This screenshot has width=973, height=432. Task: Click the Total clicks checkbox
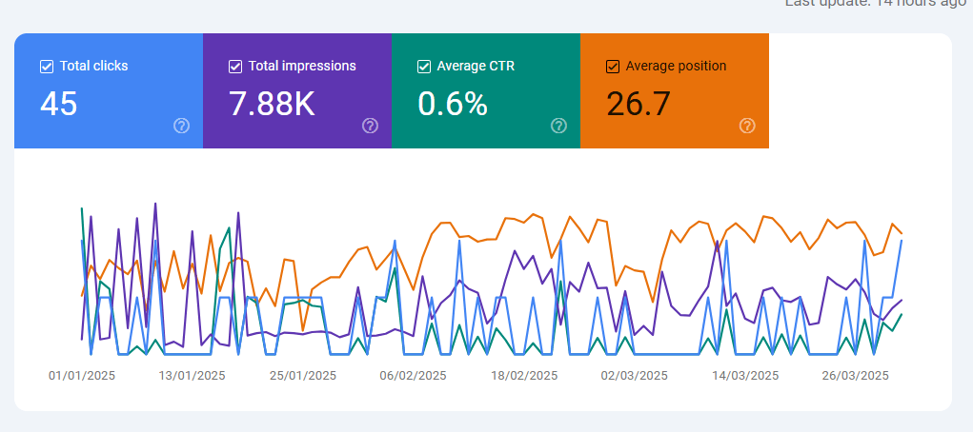tap(47, 67)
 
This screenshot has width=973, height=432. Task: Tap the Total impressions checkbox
tap(235, 67)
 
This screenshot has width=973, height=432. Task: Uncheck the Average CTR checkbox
tap(424, 67)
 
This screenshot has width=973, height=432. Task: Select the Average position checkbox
tap(613, 67)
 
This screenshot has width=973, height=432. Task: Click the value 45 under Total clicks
tap(59, 104)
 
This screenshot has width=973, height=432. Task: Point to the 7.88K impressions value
tap(272, 104)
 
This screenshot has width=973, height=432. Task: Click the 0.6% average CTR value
tap(453, 104)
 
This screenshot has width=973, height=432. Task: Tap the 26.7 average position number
tap(639, 104)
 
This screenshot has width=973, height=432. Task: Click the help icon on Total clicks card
tap(181, 126)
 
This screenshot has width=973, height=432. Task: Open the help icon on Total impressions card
tap(370, 126)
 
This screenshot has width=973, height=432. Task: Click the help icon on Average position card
tap(747, 126)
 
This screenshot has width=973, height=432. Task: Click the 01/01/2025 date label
tap(82, 376)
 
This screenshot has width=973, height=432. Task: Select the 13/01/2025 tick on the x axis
tap(193, 376)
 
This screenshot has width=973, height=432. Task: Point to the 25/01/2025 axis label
tap(303, 376)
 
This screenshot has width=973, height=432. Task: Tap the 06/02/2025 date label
tap(414, 376)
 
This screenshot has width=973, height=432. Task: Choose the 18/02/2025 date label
tap(524, 376)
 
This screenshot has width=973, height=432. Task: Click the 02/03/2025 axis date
tap(635, 376)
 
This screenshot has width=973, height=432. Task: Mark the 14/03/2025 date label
tap(745, 376)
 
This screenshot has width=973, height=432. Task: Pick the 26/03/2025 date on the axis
tap(856, 376)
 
